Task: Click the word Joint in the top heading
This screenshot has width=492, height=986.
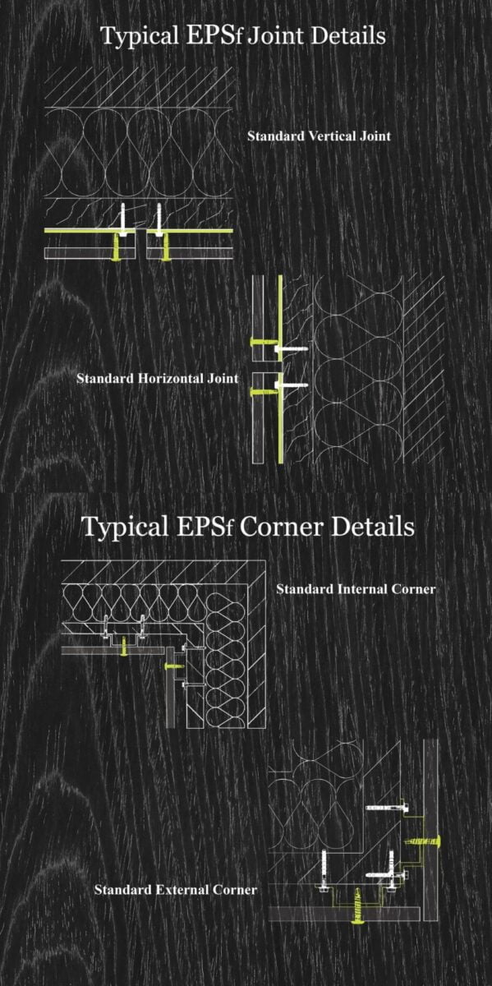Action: click(x=275, y=35)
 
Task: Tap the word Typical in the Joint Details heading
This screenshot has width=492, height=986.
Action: click(x=140, y=36)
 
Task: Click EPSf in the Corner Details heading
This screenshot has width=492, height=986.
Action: click(x=205, y=527)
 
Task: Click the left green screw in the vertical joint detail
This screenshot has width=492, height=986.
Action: click(x=117, y=247)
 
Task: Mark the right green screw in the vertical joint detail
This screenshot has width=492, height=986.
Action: click(x=165, y=247)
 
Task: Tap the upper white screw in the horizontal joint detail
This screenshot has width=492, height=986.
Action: click(x=291, y=349)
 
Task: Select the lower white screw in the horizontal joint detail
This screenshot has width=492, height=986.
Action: click(x=291, y=385)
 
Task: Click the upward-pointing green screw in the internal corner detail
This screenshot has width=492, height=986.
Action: click(x=124, y=646)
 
